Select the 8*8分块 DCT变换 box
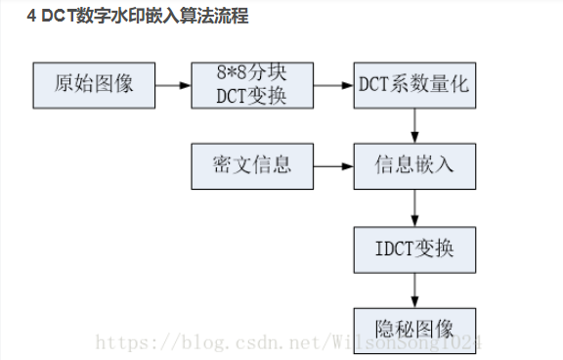253,85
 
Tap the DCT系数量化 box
414,85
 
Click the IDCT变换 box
414,249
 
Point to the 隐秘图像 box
414,328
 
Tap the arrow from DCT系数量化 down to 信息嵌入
415,124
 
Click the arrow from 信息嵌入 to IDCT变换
415,206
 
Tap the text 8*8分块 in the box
252,74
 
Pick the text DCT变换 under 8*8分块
252,96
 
